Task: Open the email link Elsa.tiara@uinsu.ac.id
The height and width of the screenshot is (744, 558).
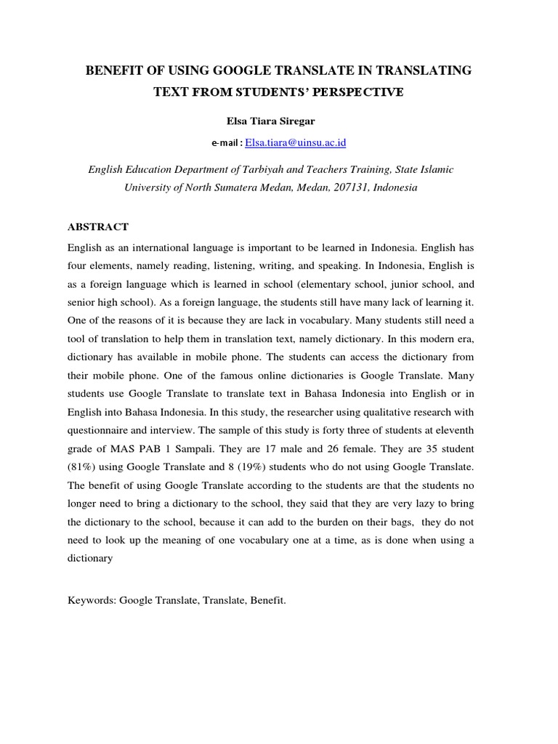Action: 295,143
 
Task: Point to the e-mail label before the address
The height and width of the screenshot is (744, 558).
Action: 227,144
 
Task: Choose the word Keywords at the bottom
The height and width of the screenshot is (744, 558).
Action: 91,602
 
